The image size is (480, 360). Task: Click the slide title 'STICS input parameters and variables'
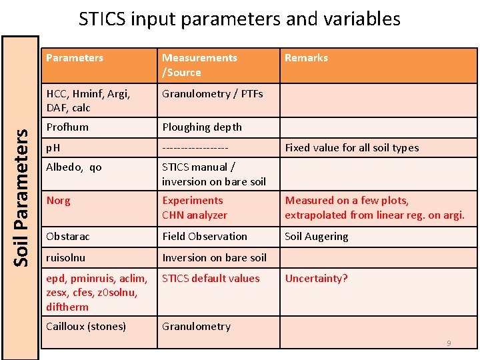(239, 18)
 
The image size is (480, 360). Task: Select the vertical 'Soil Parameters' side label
(21, 197)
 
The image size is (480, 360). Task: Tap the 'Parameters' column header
(75, 58)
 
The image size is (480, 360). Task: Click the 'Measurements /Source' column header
(199, 65)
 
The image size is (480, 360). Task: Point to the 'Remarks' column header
(306, 58)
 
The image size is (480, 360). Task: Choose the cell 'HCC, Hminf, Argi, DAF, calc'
(88, 101)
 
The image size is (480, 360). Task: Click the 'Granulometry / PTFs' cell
(212, 94)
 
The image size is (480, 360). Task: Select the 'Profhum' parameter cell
(67, 127)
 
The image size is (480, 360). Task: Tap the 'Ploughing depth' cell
(202, 127)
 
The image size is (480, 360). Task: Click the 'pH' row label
(53, 147)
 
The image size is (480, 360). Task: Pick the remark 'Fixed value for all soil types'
(351, 147)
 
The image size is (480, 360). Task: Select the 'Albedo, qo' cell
(74, 167)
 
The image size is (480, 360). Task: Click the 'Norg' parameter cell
(59, 200)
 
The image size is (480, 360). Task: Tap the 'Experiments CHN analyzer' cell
(194, 207)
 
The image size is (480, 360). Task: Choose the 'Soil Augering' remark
(316, 236)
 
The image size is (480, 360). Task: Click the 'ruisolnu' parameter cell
(66, 257)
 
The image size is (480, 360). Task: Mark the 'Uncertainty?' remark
(316, 278)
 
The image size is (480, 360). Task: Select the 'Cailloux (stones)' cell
(86, 326)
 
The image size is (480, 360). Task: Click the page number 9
(449, 343)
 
